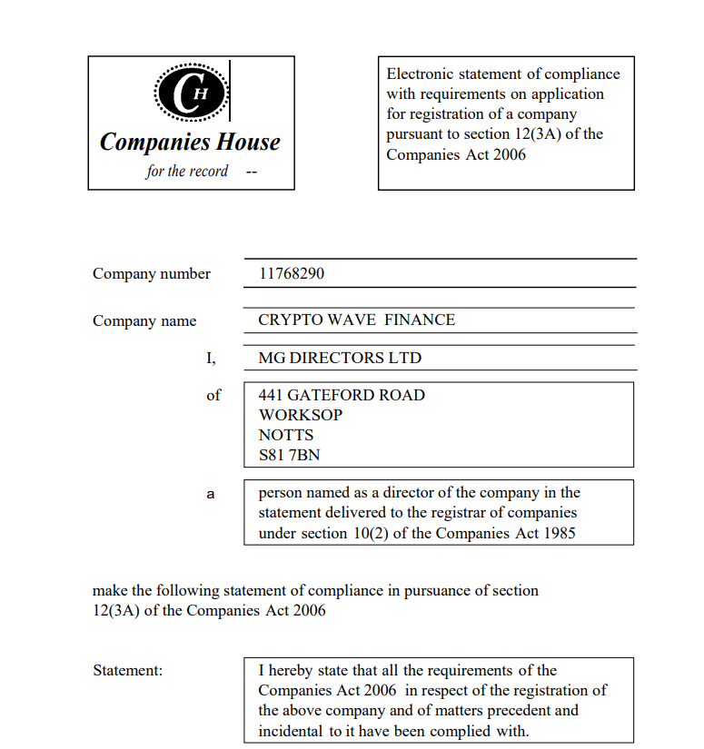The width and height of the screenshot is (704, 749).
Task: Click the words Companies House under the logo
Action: pyautogui.click(x=190, y=143)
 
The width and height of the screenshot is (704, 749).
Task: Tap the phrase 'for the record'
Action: pyautogui.click(x=187, y=171)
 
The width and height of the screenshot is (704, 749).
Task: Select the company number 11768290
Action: pyautogui.click(x=292, y=273)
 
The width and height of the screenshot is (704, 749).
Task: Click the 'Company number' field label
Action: pyautogui.click(x=152, y=273)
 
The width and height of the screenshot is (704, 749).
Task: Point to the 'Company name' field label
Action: pyautogui.click(x=144, y=320)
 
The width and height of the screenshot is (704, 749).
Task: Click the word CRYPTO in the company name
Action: pyautogui.click(x=289, y=320)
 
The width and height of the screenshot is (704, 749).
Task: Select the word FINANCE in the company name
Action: pyautogui.click(x=420, y=320)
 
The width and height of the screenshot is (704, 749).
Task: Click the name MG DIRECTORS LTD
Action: pyautogui.click(x=340, y=358)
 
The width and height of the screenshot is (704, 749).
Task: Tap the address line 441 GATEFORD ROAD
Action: pyautogui.click(x=342, y=395)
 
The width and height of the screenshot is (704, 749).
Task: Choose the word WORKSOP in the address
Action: pyautogui.click(x=301, y=415)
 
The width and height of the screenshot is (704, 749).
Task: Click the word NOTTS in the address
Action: pyautogui.click(x=286, y=435)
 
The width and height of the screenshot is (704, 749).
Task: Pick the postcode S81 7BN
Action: pyautogui.click(x=289, y=455)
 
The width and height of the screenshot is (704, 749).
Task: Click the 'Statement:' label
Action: pyautogui.click(x=127, y=670)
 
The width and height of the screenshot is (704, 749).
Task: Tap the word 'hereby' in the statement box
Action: pyautogui.click(x=292, y=670)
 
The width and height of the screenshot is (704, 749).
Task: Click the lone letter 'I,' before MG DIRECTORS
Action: pyautogui.click(x=212, y=358)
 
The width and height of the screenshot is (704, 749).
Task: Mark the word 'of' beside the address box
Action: pyautogui.click(x=213, y=395)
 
